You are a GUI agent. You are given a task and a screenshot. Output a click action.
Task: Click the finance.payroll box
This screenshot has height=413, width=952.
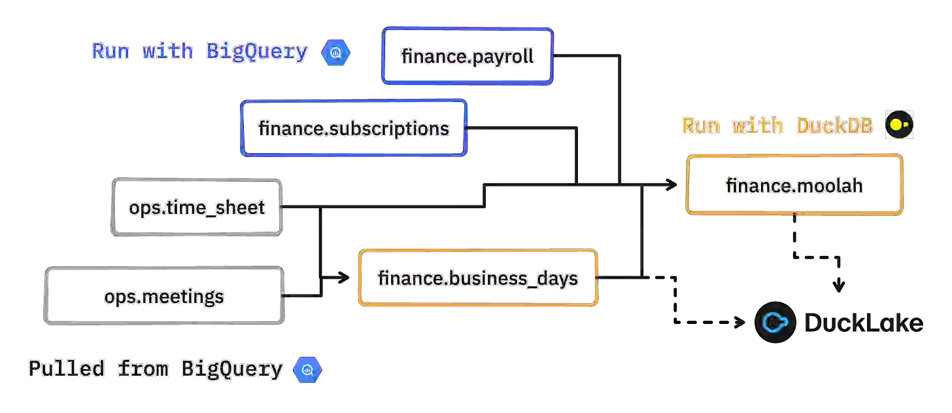467,56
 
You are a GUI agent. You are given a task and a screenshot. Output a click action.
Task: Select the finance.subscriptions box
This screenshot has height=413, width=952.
354,128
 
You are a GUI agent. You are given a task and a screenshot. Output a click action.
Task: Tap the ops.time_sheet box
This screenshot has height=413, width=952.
197,207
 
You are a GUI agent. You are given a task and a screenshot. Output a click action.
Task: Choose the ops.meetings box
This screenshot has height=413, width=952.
163,296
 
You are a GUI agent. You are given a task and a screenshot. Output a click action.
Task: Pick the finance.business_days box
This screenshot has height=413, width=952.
478,278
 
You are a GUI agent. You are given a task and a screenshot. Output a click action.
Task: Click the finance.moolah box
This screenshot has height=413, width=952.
794,185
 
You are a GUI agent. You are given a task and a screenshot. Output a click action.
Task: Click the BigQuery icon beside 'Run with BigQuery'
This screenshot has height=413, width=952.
336,52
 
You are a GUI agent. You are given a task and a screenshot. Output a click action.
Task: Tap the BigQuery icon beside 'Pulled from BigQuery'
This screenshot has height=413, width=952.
307,369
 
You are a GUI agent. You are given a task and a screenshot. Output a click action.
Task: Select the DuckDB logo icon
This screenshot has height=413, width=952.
898,125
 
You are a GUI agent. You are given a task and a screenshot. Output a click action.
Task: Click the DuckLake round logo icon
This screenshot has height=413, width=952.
775,322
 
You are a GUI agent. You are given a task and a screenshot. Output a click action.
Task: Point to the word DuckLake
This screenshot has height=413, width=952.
862,323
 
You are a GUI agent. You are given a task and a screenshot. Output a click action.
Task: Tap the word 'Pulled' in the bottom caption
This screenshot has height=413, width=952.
66,369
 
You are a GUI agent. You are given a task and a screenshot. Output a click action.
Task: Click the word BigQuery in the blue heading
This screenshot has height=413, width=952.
257,52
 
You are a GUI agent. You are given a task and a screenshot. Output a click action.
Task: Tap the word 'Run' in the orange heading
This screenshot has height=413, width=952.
700,126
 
